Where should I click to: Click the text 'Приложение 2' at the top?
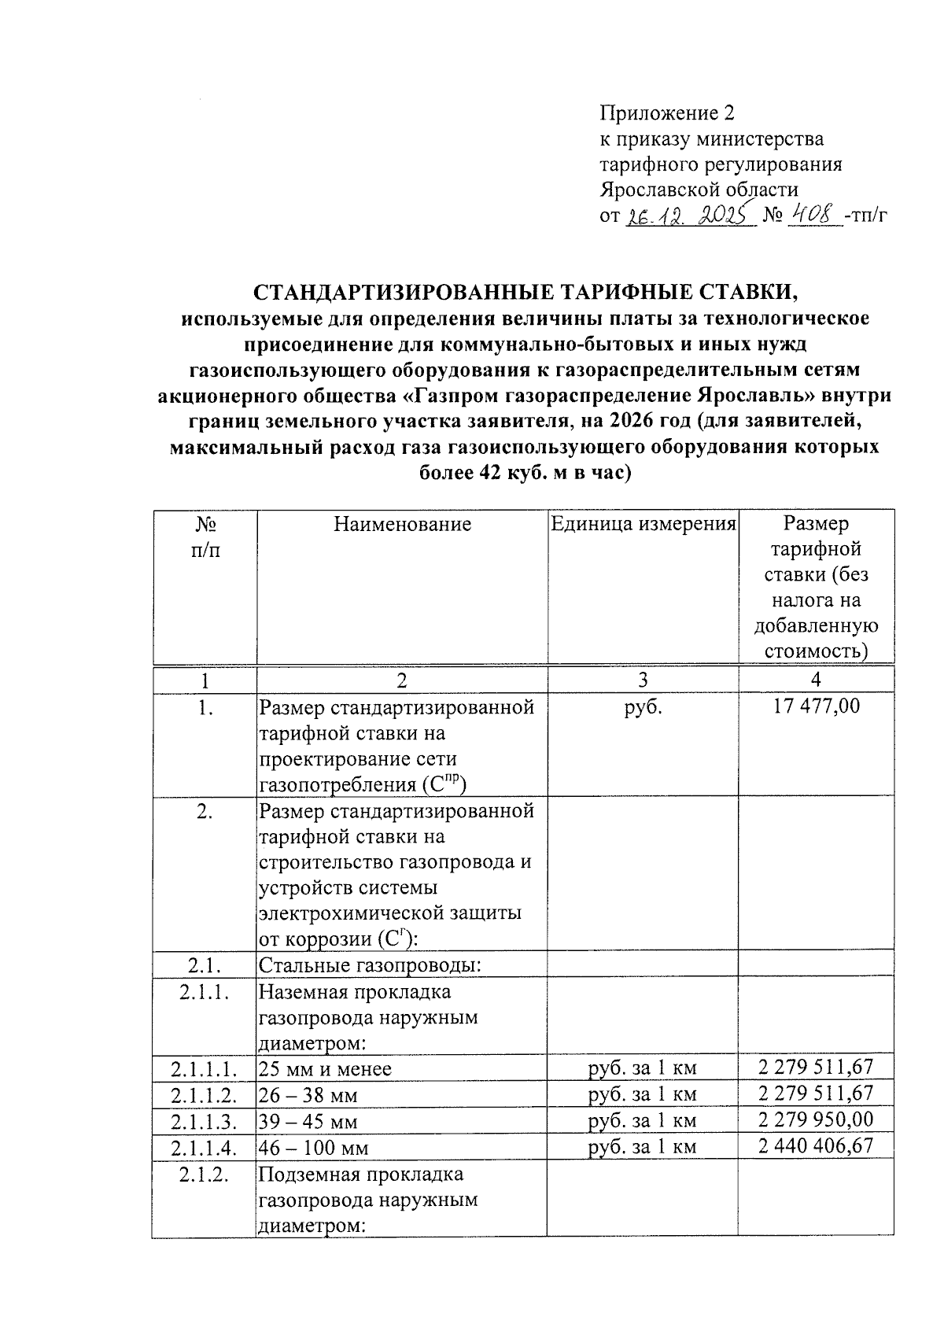(666, 113)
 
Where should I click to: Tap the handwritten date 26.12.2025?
(689, 215)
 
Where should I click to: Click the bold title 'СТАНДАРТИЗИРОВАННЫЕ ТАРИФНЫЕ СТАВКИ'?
(525, 293)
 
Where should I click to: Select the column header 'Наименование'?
(402, 524)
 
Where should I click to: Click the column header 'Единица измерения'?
(643, 524)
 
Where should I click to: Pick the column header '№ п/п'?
(205, 537)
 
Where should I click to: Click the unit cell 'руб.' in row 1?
(643, 706)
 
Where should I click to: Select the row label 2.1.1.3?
(205, 1120)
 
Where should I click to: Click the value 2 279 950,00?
(816, 1119)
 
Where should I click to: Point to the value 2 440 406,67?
(816, 1145)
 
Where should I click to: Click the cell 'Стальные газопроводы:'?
(369, 964)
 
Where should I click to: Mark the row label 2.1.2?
(205, 1174)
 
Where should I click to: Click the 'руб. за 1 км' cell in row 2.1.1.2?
(643, 1094)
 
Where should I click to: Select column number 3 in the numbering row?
(643, 680)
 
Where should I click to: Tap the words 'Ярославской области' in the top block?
(699, 190)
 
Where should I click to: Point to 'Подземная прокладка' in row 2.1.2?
(361, 1175)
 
